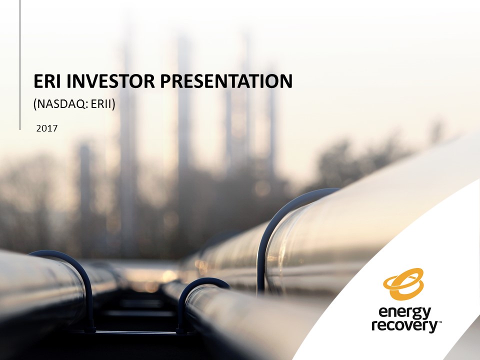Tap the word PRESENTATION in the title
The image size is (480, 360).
tap(226, 81)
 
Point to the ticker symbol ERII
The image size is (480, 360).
tap(101, 104)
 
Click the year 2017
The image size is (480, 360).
tap(47, 128)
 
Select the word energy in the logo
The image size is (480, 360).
tap(405, 313)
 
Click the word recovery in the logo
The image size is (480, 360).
tap(405, 325)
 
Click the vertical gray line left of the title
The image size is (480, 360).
tap(20, 65)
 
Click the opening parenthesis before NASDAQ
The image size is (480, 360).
tap(35, 104)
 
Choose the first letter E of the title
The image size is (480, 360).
tap(38, 81)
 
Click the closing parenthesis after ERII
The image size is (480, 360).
tap(113, 104)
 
